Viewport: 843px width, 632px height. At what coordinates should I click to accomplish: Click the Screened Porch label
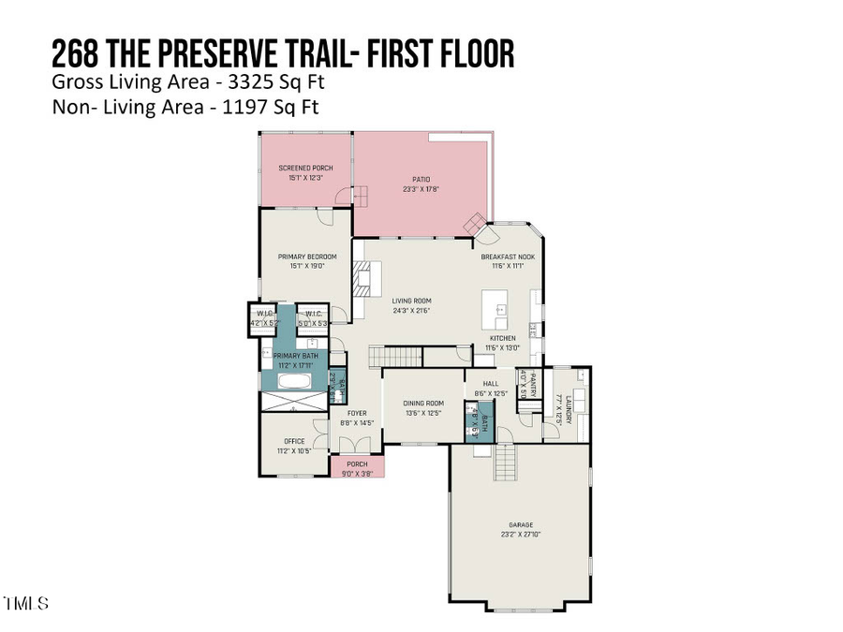305,168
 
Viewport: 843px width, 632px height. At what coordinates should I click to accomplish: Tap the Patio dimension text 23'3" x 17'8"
420,189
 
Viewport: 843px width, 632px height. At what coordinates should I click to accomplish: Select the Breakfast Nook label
508,257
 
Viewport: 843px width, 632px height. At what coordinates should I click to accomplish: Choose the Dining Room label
423,404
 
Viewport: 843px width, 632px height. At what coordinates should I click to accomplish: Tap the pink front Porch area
357,466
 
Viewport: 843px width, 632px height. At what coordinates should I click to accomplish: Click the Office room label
294,441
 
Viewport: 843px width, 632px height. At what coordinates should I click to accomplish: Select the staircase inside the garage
507,462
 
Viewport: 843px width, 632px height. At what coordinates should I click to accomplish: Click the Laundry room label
569,409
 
